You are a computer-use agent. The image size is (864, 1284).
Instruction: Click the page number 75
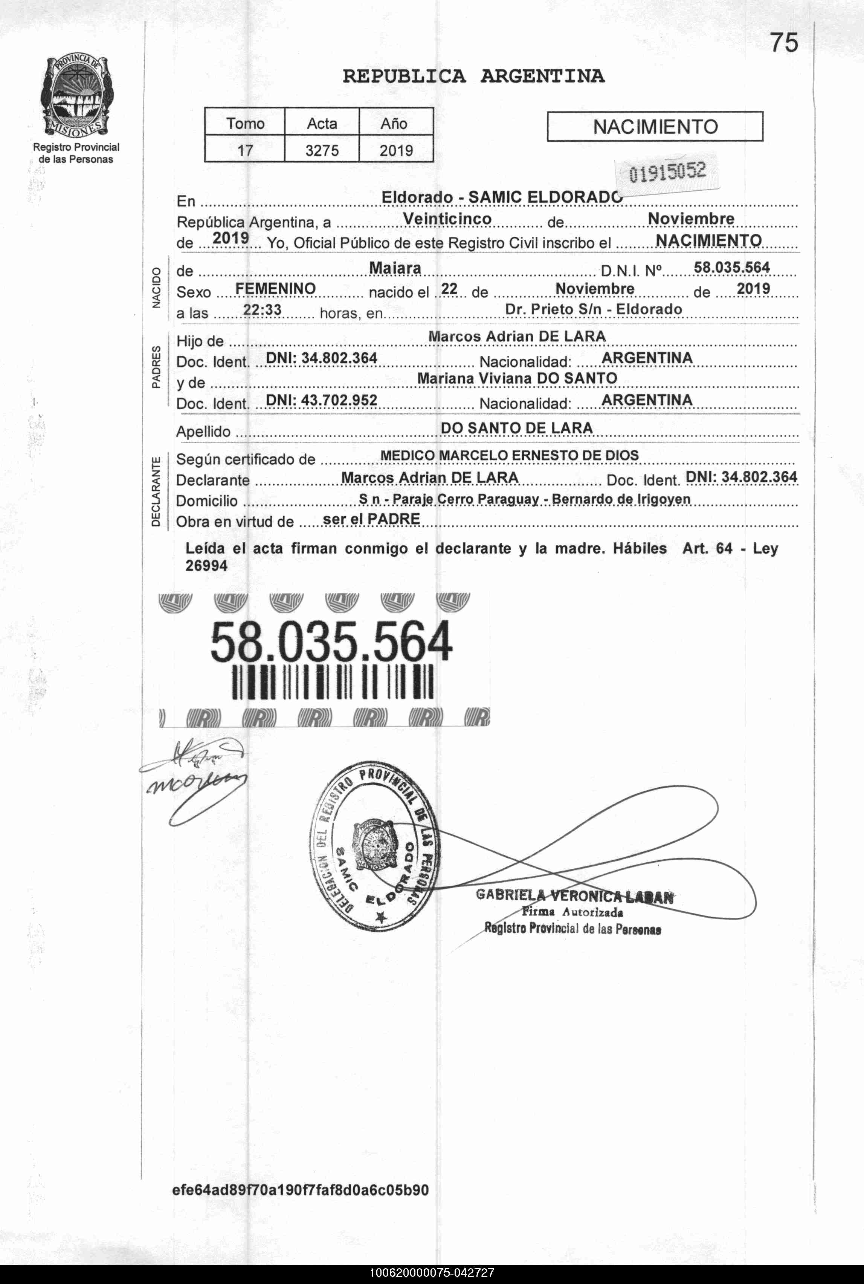(783, 43)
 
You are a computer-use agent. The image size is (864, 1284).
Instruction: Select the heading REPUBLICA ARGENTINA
(473, 76)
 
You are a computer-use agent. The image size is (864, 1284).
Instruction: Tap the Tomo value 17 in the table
(245, 150)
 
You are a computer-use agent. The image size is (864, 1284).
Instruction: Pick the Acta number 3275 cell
(322, 150)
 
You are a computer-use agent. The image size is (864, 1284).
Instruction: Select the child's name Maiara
(395, 268)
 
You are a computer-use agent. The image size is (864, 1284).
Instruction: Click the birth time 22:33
(262, 311)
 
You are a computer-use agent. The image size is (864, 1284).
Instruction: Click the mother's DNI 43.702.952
(321, 400)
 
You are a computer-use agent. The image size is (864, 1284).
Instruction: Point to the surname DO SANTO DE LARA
(516, 429)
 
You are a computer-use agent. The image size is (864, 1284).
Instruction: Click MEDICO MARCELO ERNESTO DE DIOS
(509, 455)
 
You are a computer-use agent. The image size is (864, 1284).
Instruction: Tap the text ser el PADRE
(371, 519)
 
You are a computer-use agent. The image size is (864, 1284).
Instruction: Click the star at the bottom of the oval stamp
(380, 916)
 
